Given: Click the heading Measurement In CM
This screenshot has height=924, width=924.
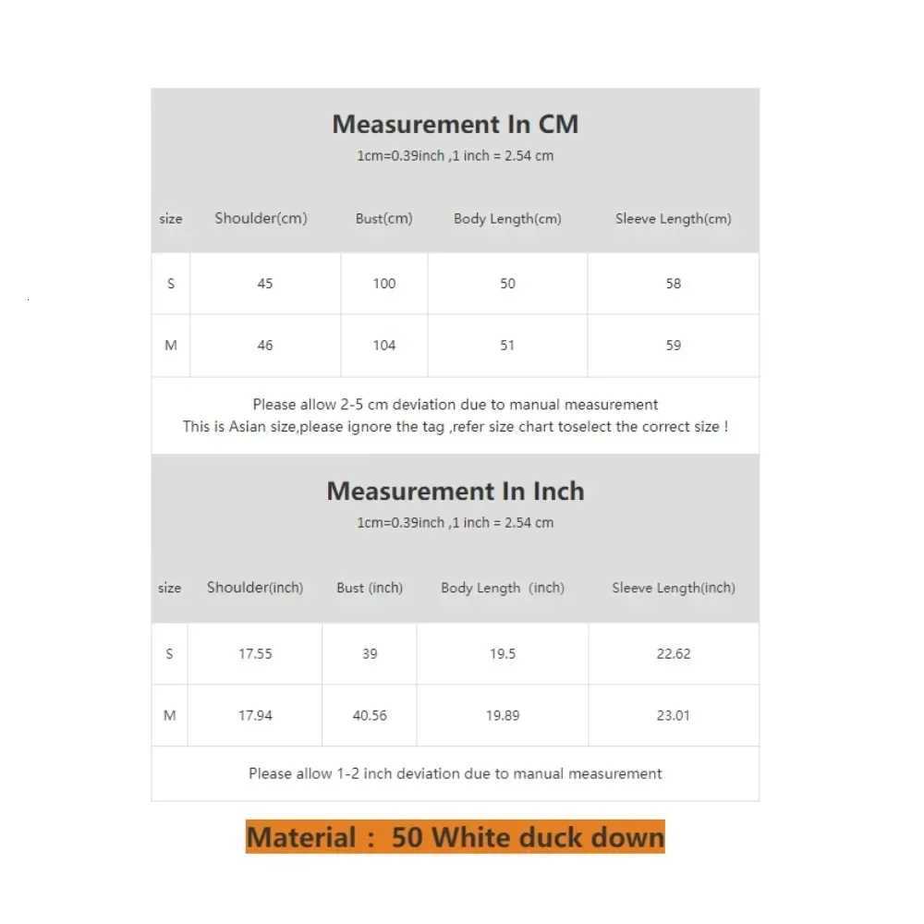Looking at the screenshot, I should point(455,124).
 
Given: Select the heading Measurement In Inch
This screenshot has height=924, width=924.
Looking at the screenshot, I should point(455,491).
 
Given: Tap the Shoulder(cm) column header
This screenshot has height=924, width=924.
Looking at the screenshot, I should point(261,219).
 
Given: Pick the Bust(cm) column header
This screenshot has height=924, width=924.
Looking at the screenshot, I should point(383,219).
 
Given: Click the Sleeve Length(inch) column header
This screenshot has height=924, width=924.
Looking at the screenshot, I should point(673,588).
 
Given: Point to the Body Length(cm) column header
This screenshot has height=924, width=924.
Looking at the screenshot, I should point(507,219).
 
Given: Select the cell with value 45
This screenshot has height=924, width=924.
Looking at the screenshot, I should point(265,284).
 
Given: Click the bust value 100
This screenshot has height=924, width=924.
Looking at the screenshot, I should point(384,284).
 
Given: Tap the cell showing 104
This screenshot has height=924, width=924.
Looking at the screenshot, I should point(384,346).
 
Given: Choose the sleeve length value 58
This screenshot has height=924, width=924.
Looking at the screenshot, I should point(674,284).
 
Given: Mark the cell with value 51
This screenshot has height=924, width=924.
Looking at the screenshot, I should point(507,346).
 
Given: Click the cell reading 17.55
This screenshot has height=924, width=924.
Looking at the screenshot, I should point(255,653).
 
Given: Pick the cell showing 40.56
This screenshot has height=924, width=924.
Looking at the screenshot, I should point(370,715).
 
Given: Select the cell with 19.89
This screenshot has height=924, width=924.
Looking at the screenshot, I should point(503,715).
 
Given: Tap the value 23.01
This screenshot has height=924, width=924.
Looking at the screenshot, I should point(673,715).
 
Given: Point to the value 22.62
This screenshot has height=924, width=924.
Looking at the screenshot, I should point(673,653).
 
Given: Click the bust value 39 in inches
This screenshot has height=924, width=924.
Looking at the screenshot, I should point(370,653).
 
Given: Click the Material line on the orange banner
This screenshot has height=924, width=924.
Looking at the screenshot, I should point(455,837).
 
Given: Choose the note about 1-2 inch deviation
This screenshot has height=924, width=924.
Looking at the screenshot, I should point(455,773).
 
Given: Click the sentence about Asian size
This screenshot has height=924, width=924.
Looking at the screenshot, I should point(455,427).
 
